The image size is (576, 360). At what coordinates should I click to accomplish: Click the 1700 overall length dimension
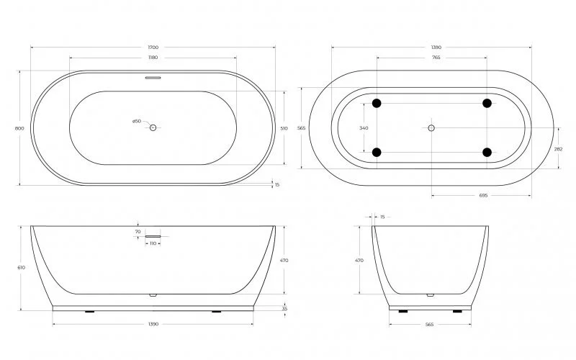pyautogui.click(x=153, y=48)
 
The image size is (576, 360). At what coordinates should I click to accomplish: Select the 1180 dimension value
pyautogui.click(x=153, y=58)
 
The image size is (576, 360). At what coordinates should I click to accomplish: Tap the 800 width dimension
pyautogui.click(x=19, y=128)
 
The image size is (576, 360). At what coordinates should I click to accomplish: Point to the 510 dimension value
pyautogui.click(x=284, y=128)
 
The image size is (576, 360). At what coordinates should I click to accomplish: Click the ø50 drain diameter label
pyautogui.click(x=137, y=121)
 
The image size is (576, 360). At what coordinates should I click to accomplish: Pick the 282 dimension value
pyautogui.click(x=559, y=150)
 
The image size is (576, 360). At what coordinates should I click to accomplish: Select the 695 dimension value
pyautogui.click(x=482, y=195)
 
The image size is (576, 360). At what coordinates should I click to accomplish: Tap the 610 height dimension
pyautogui.click(x=21, y=267)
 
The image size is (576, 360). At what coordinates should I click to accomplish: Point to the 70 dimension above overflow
pyautogui.click(x=138, y=231)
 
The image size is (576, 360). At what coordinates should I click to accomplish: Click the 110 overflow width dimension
pyautogui.click(x=153, y=243)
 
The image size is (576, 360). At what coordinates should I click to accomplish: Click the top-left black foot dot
pyautogui.click(x=376, y=103)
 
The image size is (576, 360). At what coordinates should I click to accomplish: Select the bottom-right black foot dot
pyautogui.click(x=487, y=152)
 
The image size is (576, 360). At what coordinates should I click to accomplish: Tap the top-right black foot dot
pyautogui.click(x=487, y=103)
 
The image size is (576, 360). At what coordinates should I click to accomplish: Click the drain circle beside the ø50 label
pyautogui.click(x=153, y=127)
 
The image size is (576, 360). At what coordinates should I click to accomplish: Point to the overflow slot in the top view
pyautogui.click(x=153, y=77)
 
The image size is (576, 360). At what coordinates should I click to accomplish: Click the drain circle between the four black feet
pyautogui.click(x=431, y=127)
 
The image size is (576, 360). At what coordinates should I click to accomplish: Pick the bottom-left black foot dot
pyautogui.click(x=376, y=152)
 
